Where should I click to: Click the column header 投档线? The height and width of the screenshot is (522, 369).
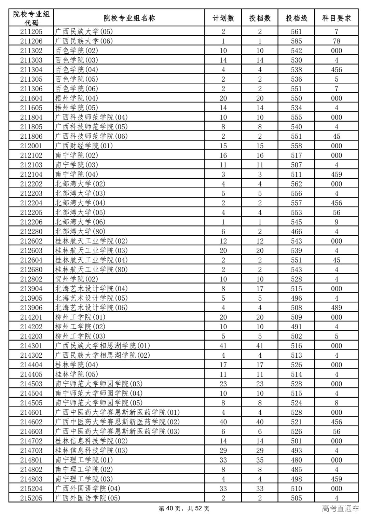(x=296, y=18)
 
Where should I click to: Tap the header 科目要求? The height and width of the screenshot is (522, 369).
(x=337, y=18)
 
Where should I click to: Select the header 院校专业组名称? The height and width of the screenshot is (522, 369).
(x=129, y=18)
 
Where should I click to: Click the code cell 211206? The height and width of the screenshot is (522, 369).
(x=31, y=41)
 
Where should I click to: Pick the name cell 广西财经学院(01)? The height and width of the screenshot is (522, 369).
(x=84, y=146)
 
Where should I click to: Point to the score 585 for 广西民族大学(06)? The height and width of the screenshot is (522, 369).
(x=296, y=41)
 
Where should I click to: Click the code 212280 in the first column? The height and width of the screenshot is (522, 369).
(x=31, y=232)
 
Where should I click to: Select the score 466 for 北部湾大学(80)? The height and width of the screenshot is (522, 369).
(x=296, y=232)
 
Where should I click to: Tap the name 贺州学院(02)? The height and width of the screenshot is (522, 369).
(x=77, y=279)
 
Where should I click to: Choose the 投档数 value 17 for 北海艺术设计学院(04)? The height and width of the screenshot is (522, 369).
(x=260, y=289)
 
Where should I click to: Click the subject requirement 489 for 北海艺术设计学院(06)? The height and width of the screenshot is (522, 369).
(x=337, y=308)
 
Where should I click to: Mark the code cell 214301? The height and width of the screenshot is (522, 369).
(x=31, y=346)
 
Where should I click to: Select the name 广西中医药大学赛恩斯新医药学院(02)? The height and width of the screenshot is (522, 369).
(x=118, y=422)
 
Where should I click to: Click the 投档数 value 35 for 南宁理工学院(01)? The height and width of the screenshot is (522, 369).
(x=260, y=460)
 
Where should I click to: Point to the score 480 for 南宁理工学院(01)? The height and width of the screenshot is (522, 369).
(x=296, y=460)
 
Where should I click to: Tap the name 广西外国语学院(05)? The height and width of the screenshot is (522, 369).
(x=88, y=498)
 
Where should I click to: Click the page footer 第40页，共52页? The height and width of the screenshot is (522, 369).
(x=184, y=509)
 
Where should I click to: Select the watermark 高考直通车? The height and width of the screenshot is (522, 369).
(x=340, y=509)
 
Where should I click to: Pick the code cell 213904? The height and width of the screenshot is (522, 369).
(x=31, y=289)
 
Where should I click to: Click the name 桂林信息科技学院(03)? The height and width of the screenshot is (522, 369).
(x=91, y=451)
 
